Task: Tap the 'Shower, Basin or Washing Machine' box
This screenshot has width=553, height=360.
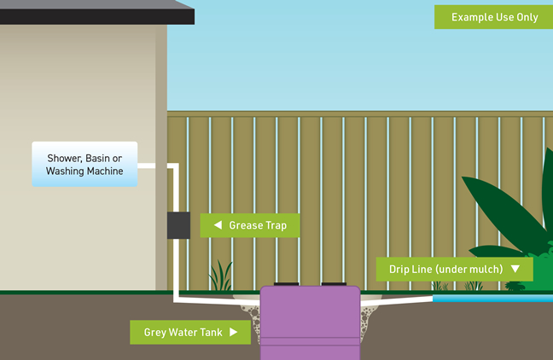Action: tap(84, 164)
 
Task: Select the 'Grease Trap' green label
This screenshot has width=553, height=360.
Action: tap(249, 226)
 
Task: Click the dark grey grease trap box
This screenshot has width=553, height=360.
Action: tap(178, 225)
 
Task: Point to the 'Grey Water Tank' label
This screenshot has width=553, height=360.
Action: tap(189, 333)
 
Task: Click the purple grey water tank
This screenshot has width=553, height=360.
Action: tap(310, 324)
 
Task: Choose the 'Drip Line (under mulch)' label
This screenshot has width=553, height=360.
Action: tap(455, 270)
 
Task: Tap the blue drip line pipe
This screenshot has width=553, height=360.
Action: tap(492, 299)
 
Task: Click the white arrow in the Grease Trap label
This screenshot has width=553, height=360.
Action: tap(218, 226)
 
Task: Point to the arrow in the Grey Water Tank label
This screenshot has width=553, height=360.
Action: tap(234, 333)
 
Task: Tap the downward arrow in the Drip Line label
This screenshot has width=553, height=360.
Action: tap(515, 270)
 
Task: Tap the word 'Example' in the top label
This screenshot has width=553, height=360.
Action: tap(472, 17)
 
